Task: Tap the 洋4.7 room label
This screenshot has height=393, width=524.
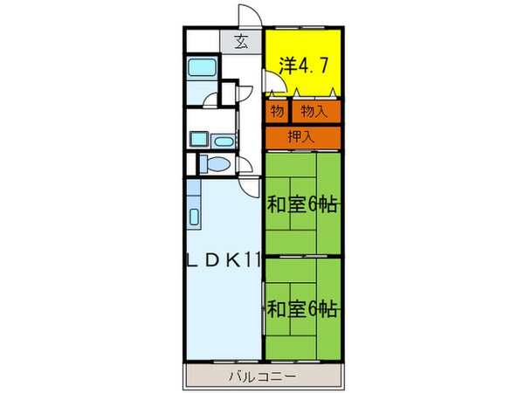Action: (x=302, y=65)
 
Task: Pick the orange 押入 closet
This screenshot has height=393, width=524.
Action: (x=302, y=136)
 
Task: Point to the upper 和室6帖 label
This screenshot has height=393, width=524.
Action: (x=302, y=205)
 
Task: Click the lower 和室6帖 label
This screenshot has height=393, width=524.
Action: (x=302, y=307)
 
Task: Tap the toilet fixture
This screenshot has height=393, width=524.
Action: (x=215, y=164)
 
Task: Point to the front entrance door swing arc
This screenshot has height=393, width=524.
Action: (x=252, y=20)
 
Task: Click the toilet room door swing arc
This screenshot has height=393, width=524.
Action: (x=249, y=186)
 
